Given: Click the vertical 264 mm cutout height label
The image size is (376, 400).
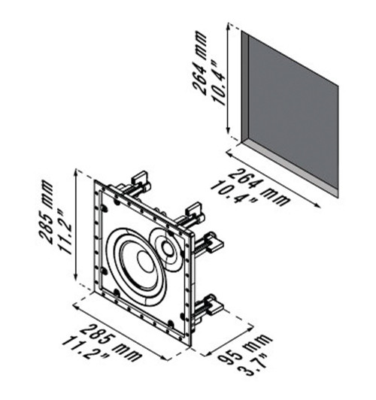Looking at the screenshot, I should click(201, 67).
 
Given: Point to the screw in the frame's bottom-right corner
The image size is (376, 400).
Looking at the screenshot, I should click(172, 324).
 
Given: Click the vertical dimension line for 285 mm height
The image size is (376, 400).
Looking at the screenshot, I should click(76, 226).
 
